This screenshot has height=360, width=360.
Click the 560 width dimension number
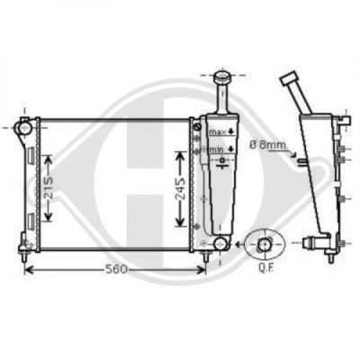116,269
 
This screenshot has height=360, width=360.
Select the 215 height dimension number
49,188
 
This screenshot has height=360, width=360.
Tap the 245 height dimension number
180,188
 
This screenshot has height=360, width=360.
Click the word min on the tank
218,148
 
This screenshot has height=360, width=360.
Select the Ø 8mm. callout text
268,145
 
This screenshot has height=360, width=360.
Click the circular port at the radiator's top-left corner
24,128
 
